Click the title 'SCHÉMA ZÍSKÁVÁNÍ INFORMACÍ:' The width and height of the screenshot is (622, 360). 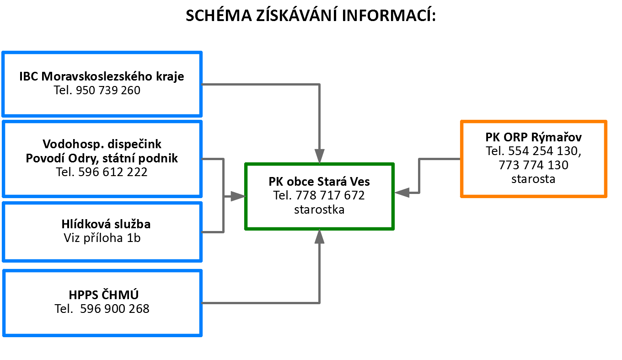click(x=311, y=16)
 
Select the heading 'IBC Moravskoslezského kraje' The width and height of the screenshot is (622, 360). click(x=102, y=76)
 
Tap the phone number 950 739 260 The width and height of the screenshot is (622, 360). click(x=108, y=90)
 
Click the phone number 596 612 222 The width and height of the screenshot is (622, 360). click(x=113, y=172)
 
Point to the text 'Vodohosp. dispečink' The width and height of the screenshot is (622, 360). click(x=102, y=144)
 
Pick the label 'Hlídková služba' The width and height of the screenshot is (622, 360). click(x=106, y=224)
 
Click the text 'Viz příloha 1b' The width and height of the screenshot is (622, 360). click(x=102, y=238)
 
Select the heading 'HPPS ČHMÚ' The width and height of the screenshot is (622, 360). click(x=103, y=295)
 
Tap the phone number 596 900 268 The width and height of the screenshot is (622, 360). click(x=115, y=309)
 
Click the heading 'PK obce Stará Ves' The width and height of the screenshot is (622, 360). click(x=319, y=182)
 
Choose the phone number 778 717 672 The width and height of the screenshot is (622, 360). click(x=330, y=195)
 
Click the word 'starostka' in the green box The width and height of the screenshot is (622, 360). click(x=319, y=210)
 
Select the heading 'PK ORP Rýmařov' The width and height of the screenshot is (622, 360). click(x=533, y=137)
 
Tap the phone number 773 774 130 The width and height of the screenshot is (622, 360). click(x=533, y=165)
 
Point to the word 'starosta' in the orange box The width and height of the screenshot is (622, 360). click(x=533, y=179)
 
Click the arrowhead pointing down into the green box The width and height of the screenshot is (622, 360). click(x=320, y=156)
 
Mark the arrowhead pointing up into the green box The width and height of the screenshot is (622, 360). click(x=320, y=236)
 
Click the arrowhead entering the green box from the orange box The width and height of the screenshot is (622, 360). click(x=402, y=193)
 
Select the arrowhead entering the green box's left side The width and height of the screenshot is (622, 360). click(x=238, y=196)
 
